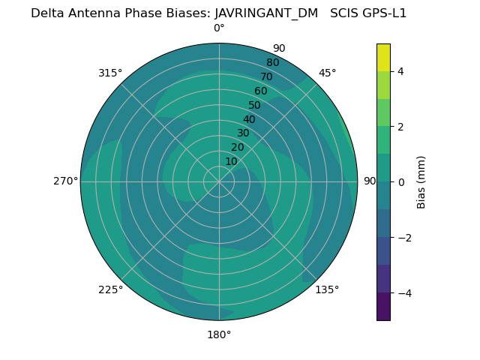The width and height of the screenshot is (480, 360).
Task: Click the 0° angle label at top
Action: click(219, 28)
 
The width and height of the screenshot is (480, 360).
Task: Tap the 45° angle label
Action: click(327, 73)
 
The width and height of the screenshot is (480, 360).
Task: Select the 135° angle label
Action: click(327, 289)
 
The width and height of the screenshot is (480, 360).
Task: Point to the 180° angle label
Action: click(219, 334)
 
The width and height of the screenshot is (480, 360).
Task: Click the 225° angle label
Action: click(110, 289)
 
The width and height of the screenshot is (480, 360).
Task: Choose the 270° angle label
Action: click(65, 181)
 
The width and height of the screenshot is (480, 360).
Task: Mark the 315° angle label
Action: click(110, 73)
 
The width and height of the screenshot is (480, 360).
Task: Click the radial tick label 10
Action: click(231, 161)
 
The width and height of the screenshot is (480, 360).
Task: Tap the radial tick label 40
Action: click(249, 119)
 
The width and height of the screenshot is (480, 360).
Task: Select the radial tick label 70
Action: click(266, 76)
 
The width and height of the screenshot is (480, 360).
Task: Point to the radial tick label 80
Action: click(272, 62)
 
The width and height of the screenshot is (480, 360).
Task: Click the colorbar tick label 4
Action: click(400, 71)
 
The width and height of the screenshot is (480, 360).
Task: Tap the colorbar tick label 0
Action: click(400, 181)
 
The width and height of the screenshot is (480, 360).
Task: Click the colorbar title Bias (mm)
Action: click(421, 181)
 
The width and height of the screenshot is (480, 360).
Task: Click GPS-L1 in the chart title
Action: click(385, 13)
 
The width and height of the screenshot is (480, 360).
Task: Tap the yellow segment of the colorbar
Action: click(383, 57)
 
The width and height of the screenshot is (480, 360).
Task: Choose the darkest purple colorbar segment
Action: click(383, 306)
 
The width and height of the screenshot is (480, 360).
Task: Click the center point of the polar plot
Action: click(219, 181)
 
